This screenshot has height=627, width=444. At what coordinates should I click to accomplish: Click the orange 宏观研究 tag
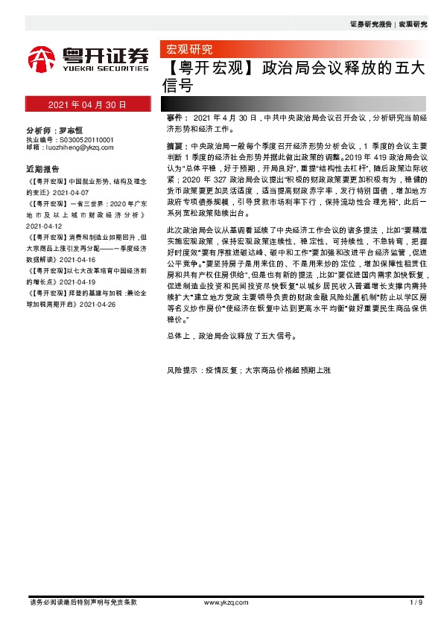(188, 50)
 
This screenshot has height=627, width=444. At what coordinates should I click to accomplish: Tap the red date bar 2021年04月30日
(87, 104)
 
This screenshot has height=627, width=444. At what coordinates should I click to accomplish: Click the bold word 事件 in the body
(176, 118)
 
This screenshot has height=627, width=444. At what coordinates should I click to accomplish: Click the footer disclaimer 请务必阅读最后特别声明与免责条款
(82, 602)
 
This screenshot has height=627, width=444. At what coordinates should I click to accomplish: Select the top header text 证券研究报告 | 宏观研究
(388, 25)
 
